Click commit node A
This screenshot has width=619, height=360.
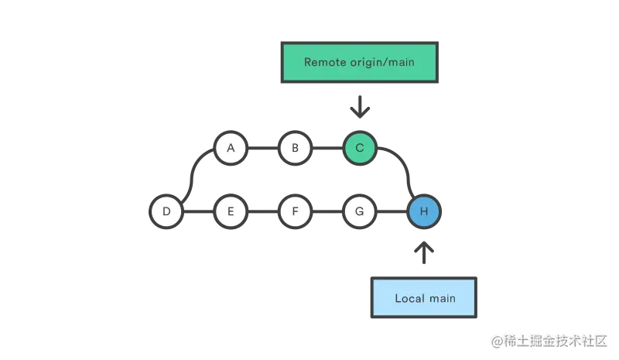pos(231,148)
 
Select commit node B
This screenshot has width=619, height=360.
pos(295,148)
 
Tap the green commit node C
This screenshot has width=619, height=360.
pos(359,148)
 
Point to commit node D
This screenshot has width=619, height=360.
pos(166,211)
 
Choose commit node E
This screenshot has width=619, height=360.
pos(231,211)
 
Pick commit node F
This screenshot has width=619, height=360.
pos(295,211)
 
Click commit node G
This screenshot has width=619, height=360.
pos(359,211)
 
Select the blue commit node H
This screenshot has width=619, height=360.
pos(423,211)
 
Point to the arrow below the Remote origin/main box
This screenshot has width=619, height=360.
pos(359,109)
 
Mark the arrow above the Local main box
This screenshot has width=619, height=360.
pos(423,250)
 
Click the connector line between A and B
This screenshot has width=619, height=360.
pos(263,148)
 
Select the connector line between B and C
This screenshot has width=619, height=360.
pos(327,148)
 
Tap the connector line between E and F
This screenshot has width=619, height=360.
pos(263,211)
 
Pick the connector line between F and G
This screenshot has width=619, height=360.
pos(327,211)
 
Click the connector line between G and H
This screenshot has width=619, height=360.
pos(392,211)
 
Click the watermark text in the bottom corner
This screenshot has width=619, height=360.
pos(549,339)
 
